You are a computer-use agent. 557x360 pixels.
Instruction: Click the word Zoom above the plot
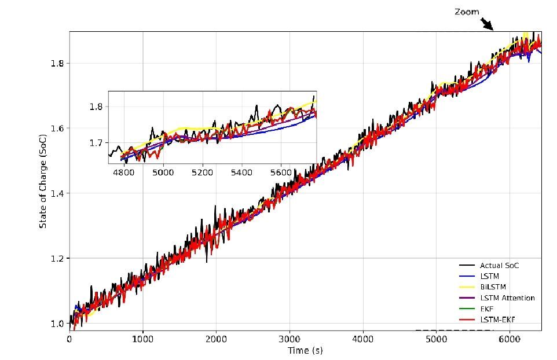(x=466, y=12)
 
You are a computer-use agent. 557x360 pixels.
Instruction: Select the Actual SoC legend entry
(x=500, y=265)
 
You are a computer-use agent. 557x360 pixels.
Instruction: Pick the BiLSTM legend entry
(x=492, y=287)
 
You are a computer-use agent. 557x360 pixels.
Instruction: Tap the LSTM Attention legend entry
(x=507, y=298)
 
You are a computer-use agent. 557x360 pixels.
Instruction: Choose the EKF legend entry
(x=487, y=309)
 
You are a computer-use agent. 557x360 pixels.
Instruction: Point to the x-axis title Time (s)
(x=305, y=351)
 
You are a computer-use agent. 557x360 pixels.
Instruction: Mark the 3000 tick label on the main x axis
(x=290, y=340)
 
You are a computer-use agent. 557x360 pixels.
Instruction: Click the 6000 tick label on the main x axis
(x=509, y=340)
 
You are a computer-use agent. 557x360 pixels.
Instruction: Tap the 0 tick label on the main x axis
(x=69, y=340)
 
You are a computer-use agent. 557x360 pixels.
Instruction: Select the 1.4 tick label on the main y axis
(x=56, y=193)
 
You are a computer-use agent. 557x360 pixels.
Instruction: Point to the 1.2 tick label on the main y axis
(x=56, y=258)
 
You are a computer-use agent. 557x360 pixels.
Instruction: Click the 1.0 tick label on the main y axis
(x=56, y=323)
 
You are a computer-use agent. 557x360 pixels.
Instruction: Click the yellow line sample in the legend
(x=466, y=287)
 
